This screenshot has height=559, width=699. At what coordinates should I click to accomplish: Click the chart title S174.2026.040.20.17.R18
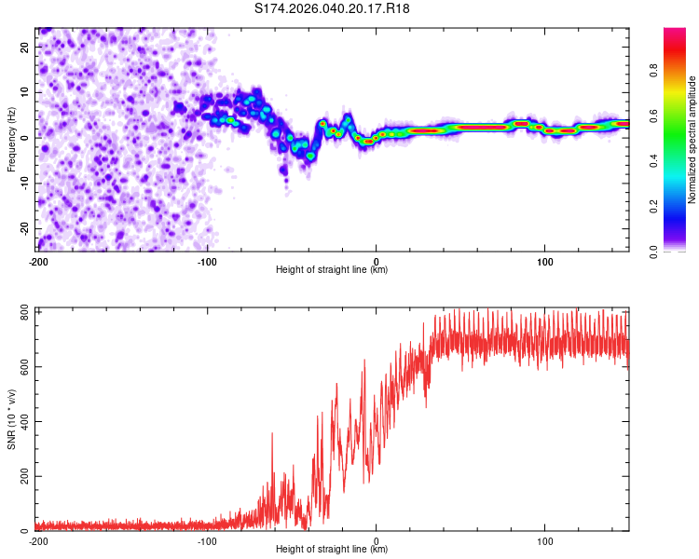(332, 8)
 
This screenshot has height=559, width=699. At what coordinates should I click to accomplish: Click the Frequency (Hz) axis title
(12, 139)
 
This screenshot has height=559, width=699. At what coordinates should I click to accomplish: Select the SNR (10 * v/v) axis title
(12, 419)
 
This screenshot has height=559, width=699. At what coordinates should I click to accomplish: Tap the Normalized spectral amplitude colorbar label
(692, 139)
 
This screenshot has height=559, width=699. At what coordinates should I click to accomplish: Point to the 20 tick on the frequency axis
(26, 46)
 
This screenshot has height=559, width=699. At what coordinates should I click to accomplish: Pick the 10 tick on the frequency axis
(26, 91)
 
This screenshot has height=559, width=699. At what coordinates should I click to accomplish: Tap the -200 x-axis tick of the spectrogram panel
(38, 261)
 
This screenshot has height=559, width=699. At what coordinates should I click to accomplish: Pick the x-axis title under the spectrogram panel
(332, 270)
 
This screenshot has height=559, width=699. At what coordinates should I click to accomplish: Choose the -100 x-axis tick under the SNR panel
(207, 540)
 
